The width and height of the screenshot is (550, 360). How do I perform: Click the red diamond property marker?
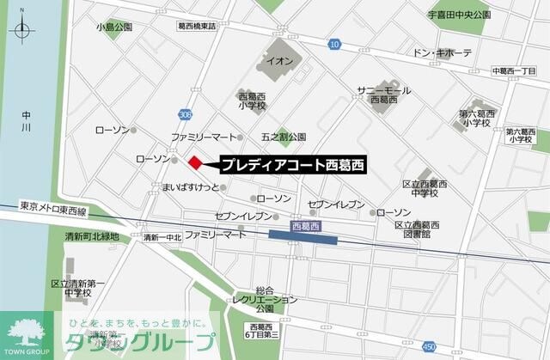195,162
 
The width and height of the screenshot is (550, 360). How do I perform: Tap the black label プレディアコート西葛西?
291,162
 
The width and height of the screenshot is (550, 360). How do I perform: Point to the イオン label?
281,61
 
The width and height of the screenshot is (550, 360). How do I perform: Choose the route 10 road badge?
334,43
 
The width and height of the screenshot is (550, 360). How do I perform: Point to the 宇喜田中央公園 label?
459,15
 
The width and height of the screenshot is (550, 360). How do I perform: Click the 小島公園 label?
115,27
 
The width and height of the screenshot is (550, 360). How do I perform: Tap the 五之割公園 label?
284,137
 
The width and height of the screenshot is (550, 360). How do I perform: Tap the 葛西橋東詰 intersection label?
197,27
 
